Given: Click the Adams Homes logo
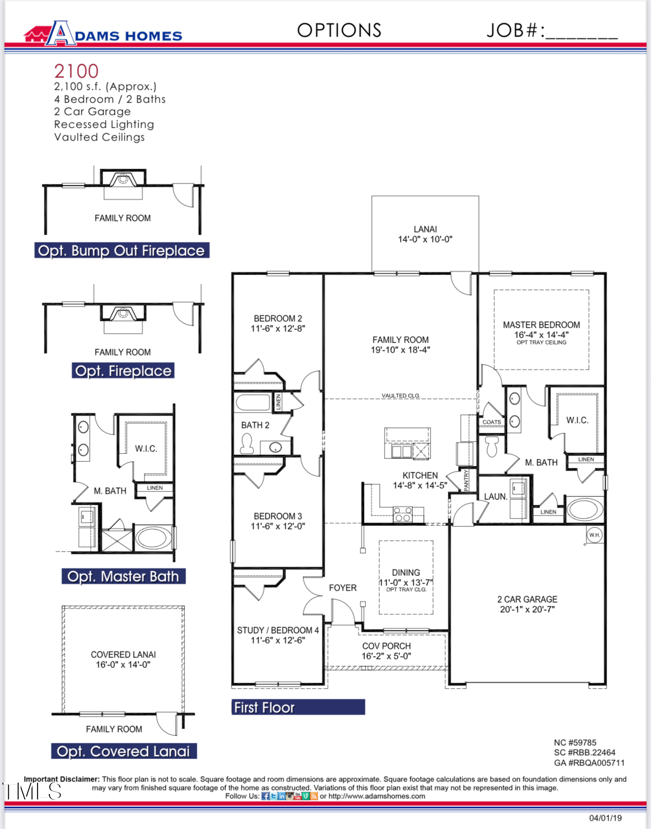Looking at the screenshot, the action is click(104, 34).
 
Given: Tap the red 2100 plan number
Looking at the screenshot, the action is click(76, 71).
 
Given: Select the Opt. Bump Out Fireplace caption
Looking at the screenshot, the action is click(122, 250).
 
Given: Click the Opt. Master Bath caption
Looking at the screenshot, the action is click(123, 576).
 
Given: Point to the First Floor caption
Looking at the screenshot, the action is click(264, 707).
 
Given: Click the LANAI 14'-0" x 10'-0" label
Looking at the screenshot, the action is click(425, 234).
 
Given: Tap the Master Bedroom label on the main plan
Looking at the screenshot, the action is click(542, 325).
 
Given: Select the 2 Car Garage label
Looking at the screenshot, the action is click(527, 604).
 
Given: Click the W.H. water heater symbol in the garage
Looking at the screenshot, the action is click(594, 535).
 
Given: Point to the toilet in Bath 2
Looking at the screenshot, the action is click(247, 443).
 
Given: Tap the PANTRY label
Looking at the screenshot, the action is click(467, 480).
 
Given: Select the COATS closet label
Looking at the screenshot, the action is click(492, 422).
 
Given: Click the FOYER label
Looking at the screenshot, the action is click(343, 588).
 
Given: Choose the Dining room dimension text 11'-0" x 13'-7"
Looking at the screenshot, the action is click(406, 582).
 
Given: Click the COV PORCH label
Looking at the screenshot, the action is click(386, 646).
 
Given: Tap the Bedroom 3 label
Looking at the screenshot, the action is click(278, 516).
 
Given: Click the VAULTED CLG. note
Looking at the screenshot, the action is click(400, 396).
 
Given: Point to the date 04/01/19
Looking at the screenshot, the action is click(606, 818).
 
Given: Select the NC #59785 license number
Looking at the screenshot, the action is click(575, 743).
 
